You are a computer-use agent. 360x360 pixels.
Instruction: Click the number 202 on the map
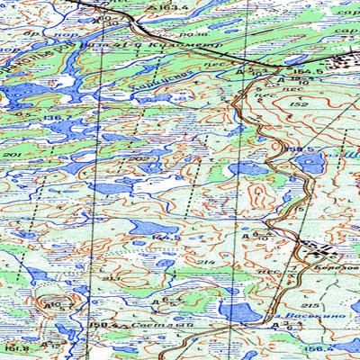(138, 159)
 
